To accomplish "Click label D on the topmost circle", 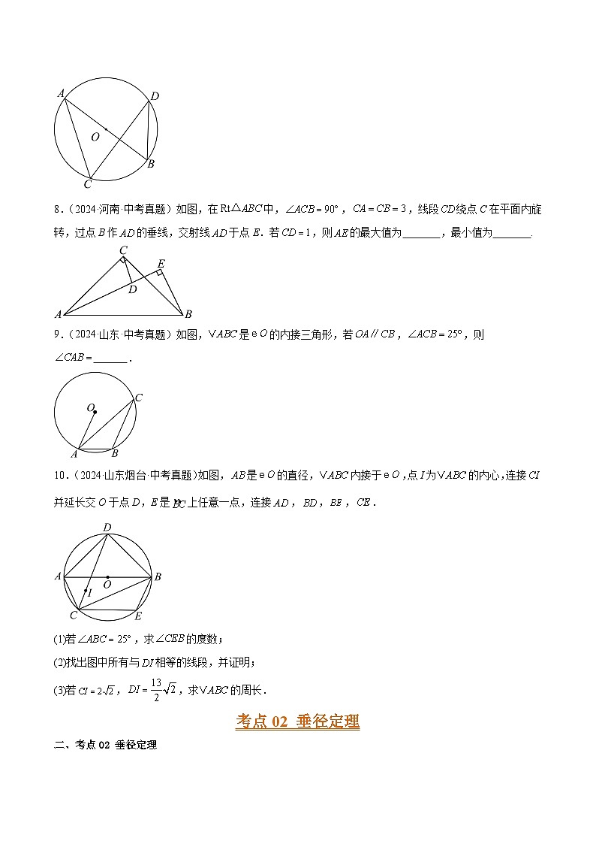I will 155,96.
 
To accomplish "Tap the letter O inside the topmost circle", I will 95,138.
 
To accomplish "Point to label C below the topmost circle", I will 87,184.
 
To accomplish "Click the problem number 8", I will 58,209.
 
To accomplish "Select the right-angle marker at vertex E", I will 159,273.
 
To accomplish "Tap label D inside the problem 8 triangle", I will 132,289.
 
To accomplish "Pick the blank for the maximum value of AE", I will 421,233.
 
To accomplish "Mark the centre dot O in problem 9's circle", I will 95,412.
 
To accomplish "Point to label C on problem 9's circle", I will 139,398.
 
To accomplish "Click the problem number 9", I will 58,335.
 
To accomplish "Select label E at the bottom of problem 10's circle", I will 137,616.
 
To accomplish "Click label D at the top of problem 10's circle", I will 107,527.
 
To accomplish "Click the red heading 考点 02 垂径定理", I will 298,721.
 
